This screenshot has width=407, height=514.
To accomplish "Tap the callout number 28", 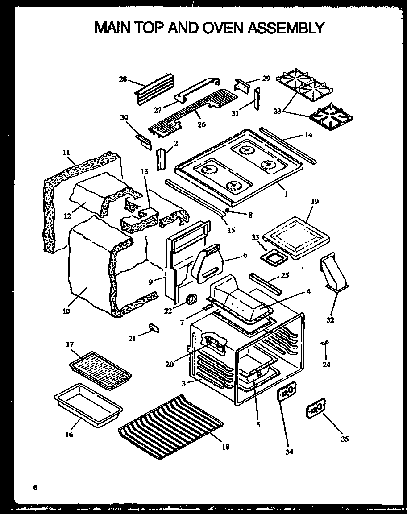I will [123, 79].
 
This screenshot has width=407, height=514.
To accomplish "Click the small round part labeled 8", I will [227, 209].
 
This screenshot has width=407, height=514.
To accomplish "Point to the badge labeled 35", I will [316, 408].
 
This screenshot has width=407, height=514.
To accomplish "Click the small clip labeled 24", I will [325, 343].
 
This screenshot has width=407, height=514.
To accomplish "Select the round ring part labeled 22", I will [192, 299].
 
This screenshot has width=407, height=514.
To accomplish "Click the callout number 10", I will [66, 311].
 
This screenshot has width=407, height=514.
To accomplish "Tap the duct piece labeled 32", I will [334, 276].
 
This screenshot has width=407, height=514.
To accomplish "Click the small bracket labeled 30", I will [144, 140].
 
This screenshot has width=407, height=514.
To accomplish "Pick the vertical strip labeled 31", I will [257, 101].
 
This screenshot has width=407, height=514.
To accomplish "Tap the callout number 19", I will [315, 202].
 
